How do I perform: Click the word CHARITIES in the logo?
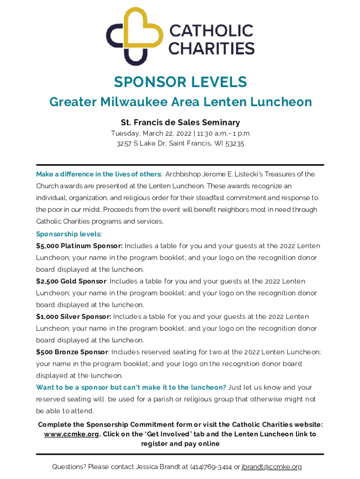(211, 48)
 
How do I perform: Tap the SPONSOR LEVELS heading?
(180, 82)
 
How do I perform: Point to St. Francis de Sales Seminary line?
(180, 123)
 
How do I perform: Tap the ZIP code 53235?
(234, 144)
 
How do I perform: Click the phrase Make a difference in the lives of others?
(99, 174)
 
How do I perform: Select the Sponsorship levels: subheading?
(69, 234)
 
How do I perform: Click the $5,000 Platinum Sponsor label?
(79, 246)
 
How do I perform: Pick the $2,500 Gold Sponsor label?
(72, 281)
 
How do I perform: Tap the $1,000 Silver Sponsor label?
(73, 317)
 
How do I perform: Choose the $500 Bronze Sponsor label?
(72, 352)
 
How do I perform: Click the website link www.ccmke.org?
(71, 434)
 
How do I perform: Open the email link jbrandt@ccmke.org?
(272, 467)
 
